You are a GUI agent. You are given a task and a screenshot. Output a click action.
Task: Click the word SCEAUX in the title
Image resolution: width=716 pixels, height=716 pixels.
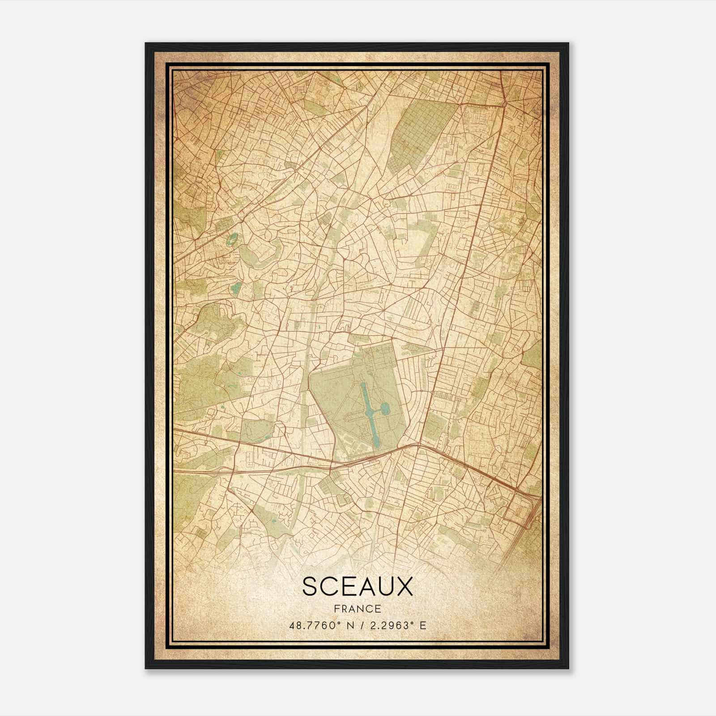(x=358, y=587)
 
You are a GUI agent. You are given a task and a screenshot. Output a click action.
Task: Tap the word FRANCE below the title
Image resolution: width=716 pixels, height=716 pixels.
(x=358, y=609)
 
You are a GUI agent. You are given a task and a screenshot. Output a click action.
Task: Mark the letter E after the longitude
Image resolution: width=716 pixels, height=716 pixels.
(x=422, y=625)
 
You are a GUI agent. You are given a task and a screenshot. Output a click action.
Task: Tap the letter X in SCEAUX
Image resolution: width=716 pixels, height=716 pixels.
(x=403, y=587)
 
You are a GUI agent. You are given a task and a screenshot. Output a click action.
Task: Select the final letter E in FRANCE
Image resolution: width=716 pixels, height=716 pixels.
(x=379, y=609)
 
